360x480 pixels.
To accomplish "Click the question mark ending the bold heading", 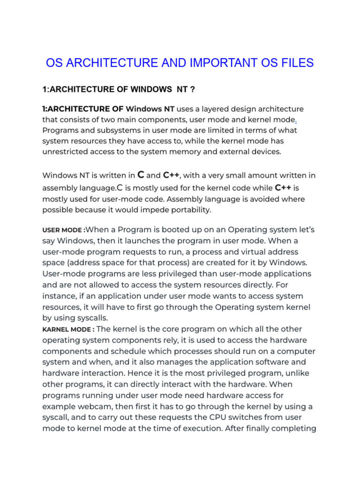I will click(192, 89).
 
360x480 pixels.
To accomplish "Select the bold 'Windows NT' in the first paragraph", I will click(150, 109).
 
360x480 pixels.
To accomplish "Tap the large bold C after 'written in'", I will click(140, 175).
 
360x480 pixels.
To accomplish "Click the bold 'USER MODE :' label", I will click(64, 230).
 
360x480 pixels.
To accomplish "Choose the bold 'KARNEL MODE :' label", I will click(68, 330).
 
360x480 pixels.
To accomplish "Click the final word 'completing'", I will click(295, 428).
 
